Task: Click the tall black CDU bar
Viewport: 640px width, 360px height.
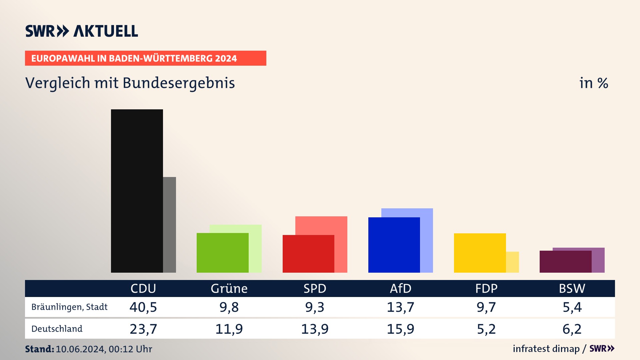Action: click(137, 191)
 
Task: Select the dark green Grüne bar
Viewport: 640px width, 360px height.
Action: click(222, 253)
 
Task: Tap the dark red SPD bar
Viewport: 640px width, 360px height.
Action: click(308, 254)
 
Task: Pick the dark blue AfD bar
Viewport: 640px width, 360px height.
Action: click(394, 245)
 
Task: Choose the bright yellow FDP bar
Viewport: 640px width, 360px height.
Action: click(480, 253)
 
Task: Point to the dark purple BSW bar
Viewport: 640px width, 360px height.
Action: click(565, 262)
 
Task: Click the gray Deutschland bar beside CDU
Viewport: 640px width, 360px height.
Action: click(169, 225)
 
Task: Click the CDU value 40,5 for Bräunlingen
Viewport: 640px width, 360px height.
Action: click(143, 307)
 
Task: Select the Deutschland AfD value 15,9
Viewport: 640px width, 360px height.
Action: click(400, 329)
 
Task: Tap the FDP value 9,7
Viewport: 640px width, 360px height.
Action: click(486, 307)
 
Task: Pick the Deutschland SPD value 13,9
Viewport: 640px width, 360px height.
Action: click(315, 329)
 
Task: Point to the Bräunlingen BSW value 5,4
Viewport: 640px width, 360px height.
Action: click(572, 307)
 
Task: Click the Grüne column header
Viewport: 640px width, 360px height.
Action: click(229, 288)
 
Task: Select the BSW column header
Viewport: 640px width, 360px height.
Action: click(572, 288)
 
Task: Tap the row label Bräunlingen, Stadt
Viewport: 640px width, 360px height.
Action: click(69, 307)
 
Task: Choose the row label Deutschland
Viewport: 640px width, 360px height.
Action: click(57, 329)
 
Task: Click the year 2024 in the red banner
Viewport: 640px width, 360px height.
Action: click(226, 58)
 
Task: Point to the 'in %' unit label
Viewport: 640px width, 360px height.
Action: click(594, 83)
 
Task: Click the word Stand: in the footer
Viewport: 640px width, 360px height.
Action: click(39, 349)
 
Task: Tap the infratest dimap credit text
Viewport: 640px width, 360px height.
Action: click(546, 349)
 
